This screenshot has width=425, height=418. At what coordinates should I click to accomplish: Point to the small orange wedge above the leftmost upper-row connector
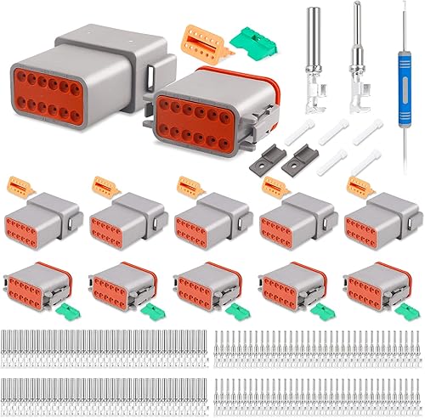point(19,186)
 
